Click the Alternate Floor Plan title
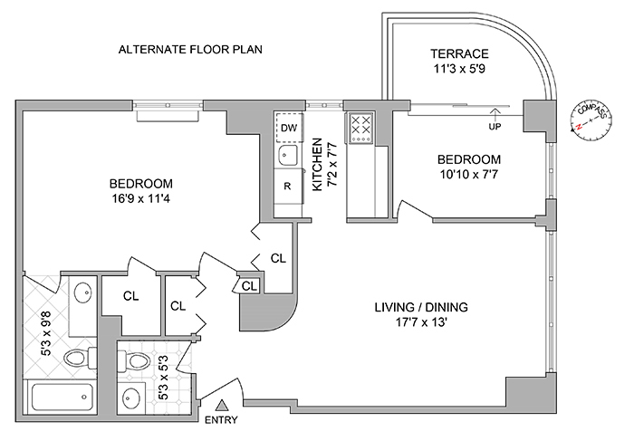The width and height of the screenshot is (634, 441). coord(190,49)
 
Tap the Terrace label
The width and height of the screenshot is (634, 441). coord(459,53)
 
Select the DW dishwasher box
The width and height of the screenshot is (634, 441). coord(289,128)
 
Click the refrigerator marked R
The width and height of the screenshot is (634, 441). coord(287,187)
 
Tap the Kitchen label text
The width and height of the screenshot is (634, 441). coord(317,164)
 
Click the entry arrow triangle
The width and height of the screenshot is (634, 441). coord(223,404)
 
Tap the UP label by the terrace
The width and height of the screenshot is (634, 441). coord(495,126)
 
